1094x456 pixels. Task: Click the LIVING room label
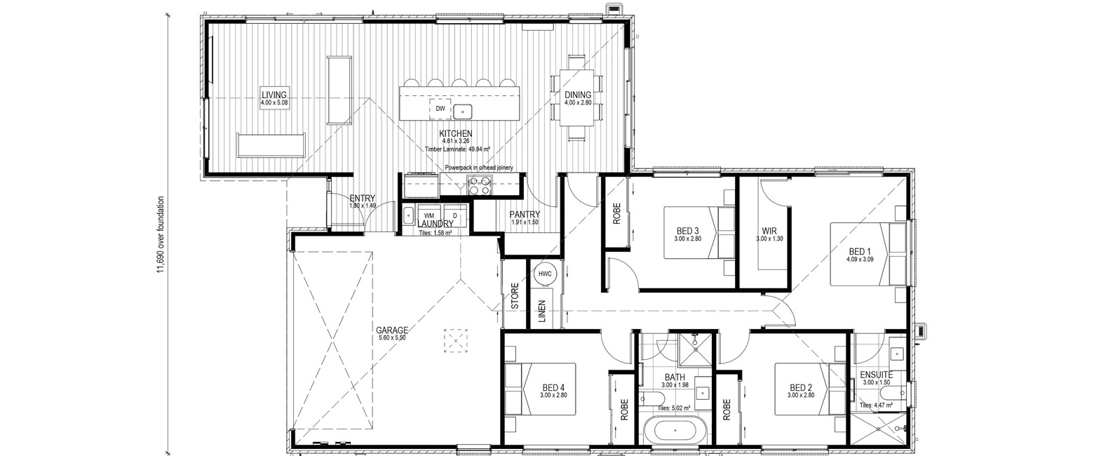(274, 95)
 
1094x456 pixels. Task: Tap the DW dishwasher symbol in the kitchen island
(440, 109)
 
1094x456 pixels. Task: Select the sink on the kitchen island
(462, 112)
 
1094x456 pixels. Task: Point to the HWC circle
(545, 274)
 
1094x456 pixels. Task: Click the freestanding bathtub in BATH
(673, 431)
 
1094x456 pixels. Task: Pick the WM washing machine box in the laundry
(428, 215)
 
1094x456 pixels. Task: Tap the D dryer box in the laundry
(455, 215)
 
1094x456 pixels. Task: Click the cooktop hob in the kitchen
(478, 185)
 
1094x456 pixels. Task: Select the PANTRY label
(525, 215)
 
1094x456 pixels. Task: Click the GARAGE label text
(392, 330)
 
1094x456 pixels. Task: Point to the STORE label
(515, 296)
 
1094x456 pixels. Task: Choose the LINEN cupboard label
(541, 311)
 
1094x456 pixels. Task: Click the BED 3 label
(688, 231)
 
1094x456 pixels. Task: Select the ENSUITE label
(877, 375)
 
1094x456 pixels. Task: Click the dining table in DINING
(577, 98)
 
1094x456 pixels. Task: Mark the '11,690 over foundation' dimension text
(160, 235)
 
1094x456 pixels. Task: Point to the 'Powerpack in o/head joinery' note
(478, 168)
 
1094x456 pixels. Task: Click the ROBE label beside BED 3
(616, 213)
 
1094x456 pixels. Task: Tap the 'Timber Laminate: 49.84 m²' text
(458, 149)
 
